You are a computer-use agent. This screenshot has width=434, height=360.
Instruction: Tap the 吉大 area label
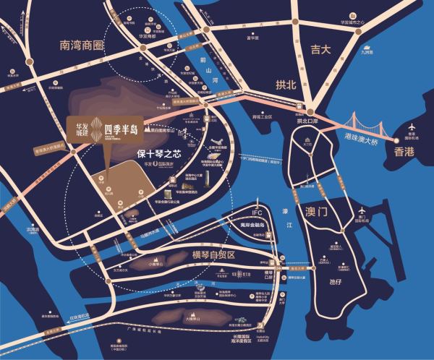(320, 50)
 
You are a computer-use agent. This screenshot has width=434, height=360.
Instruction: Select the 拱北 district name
(287, 85)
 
